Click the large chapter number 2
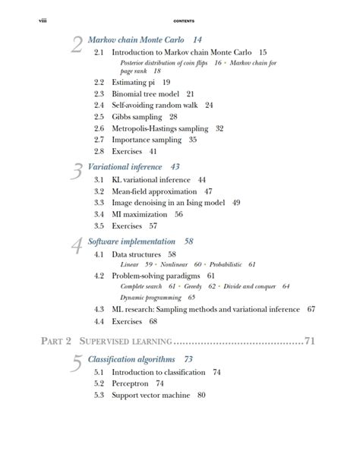tap(76, 46)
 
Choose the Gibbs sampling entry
tap(137, 117)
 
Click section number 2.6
tap(99, 128)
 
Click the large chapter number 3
tap(76, 172)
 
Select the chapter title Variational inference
tap(125, 166)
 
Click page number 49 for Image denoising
tap(236, 203)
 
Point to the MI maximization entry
tap(141, 214)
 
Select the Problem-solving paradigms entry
tap(156, 275)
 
